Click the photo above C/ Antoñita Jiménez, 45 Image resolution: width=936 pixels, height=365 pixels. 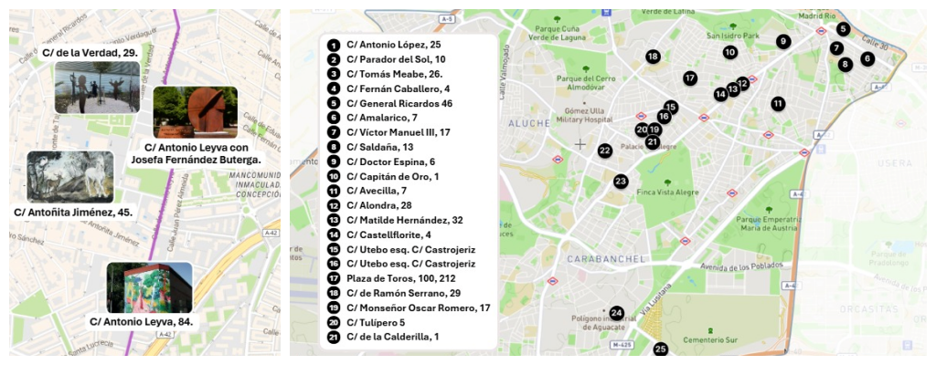pos(69,176)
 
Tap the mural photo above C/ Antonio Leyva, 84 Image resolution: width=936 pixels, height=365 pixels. pos(149,287)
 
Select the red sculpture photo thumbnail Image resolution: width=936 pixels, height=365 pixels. pos(195,111)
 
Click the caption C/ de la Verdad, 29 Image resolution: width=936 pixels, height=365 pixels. pos(90,53)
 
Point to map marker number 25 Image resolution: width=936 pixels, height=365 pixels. pos(661,349)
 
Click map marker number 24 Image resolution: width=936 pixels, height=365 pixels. pos(617,313)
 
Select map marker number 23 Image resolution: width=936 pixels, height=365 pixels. pos(621,181)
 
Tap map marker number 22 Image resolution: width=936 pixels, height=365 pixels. pos(605,151)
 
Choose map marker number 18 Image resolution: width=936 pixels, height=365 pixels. pos(653,57)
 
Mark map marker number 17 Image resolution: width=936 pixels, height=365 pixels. pos(690,78)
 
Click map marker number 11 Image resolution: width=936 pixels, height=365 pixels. pos(778,103)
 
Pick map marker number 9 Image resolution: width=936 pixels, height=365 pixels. pos(783,41)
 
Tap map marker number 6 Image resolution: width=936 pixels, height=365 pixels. pos(867,58)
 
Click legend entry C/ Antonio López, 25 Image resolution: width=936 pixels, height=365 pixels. pos(393,45)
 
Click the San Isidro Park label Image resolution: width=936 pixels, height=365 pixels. pos(732,36)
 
